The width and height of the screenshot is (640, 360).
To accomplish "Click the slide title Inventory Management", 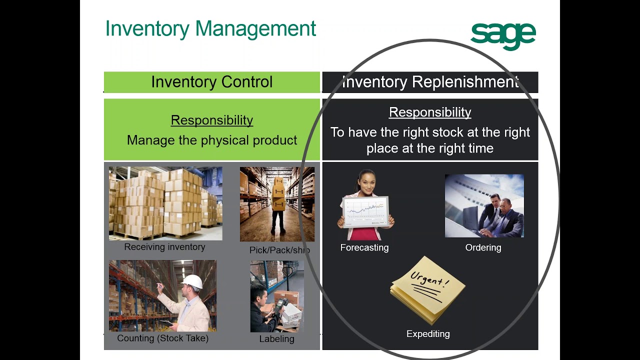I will click(x=210, y=28).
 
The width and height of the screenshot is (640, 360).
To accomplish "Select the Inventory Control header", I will click(x=211, y=82).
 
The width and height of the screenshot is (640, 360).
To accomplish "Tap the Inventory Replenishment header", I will click(x=430, y=82).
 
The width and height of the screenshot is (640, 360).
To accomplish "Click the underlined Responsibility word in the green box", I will click(x=211, y=120).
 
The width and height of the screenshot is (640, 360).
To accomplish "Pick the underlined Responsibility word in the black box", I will click(x=430, y=112).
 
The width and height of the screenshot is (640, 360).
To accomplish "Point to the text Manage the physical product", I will click(x=211, y=140).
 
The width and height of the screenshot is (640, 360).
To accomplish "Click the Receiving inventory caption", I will click(x=164, y=247).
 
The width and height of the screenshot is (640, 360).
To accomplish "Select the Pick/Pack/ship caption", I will click(x=279, y=250).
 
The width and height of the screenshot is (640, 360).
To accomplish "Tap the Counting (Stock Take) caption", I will click(x=162, y=338).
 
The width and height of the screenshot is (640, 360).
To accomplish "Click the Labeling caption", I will click(x=276, y=339).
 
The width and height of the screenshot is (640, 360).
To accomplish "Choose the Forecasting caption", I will click(x=364, y=247).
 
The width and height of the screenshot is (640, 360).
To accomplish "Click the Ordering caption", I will click(x=483, y=247).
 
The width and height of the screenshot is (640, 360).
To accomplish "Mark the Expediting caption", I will click(x=428, y=334).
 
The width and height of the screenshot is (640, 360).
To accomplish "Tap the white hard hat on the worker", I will click(x=192, y=281).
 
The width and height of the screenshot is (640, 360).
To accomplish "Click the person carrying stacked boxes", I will click(x=278, y=205).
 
